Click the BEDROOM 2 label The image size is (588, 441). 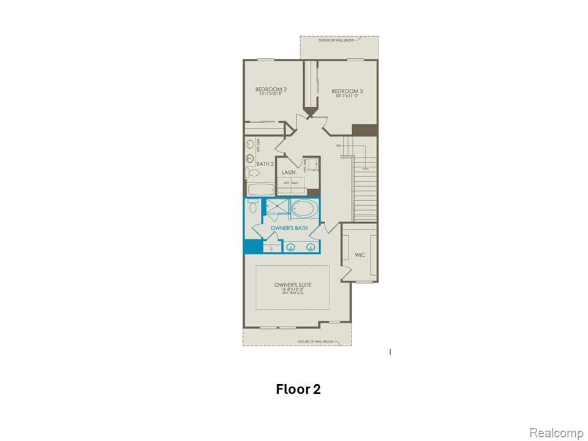(271, 89)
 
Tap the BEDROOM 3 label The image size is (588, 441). (347, 91)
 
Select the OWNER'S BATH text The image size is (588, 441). (288, 228)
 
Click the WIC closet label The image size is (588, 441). (360, 255)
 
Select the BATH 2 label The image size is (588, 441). (264, 164)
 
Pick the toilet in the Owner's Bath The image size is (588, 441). (252, 206)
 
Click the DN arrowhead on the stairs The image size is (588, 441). (366, 167)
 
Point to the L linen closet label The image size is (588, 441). (271, 248)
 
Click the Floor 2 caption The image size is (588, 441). (298, 389)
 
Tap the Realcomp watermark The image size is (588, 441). (556, 433)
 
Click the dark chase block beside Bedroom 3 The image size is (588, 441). (364, 130)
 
